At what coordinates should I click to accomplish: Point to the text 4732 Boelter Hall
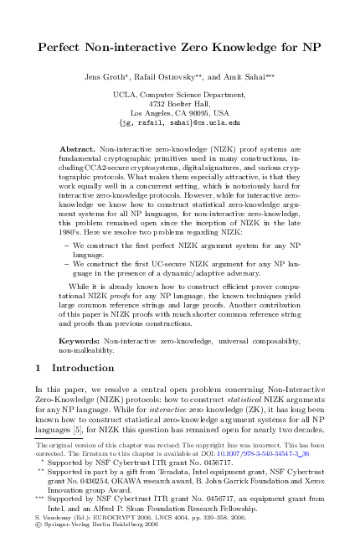pos(180,103)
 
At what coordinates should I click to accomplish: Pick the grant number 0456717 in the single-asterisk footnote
pos(198,461)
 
